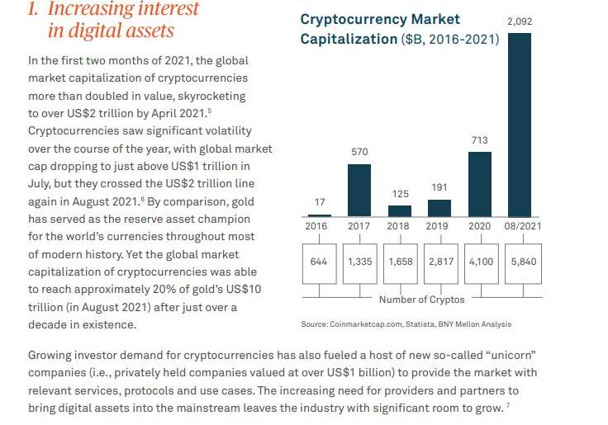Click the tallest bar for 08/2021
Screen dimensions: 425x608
(x=520, y=124)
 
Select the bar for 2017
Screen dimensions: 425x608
(x=359, y=190)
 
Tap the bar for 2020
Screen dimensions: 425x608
(x=479, y=183)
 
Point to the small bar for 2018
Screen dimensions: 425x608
(x=400, y=210)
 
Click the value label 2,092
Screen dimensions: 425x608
(x=519, y=20)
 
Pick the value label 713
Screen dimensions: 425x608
(x=479, y=140)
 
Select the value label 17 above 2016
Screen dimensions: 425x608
(x=320, y=202)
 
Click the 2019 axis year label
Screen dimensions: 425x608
(x=437, y=226)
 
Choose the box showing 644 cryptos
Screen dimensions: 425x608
(x=319, y=262)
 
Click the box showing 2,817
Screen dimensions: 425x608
(x=441, y=262)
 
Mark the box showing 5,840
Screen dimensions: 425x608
(x=524, y=262)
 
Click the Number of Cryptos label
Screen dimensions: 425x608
(x=421, y=299)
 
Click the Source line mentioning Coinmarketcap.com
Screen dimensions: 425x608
(x=406, y=324)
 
